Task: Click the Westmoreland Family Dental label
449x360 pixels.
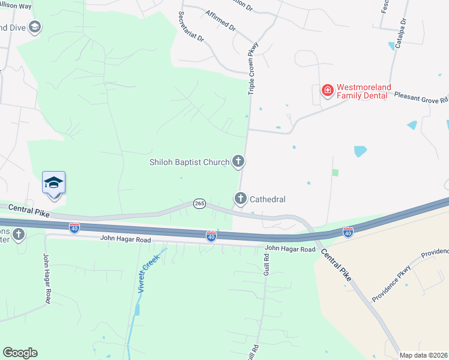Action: click(363, 91)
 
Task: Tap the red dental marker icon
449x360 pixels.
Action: click(328, 91)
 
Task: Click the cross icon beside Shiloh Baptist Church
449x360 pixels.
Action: click(239, 161)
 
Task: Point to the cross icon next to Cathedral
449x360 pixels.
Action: click(241, 198)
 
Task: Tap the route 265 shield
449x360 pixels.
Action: click(200, 204)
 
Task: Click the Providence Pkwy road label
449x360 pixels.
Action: click(390, 283)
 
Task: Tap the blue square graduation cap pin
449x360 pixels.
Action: click(53, 182)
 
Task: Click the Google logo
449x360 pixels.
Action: click(20, 352)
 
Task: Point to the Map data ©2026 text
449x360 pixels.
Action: click(423, 355)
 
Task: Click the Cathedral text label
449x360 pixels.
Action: click(267, 199)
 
